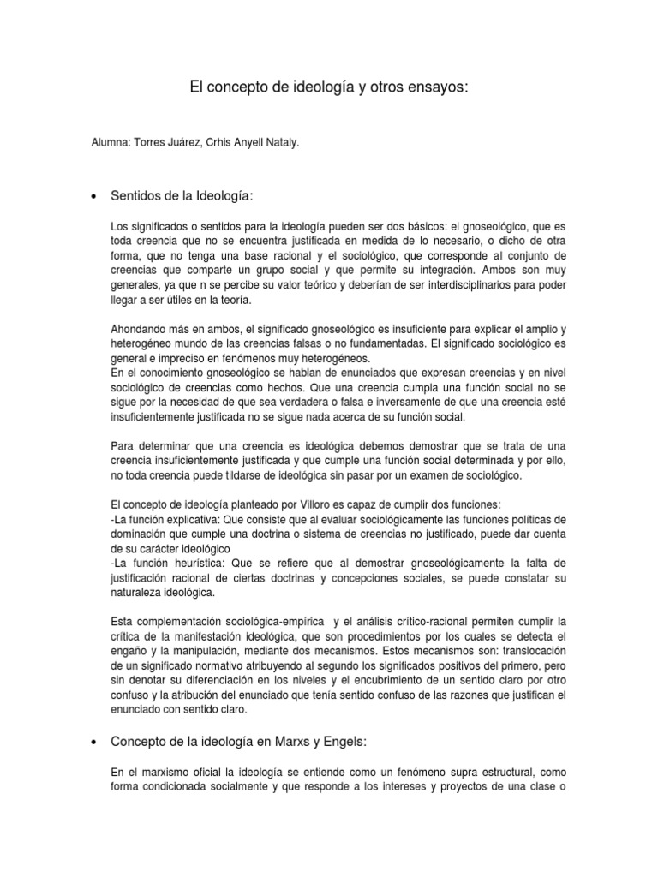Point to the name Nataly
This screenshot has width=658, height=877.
point(280,146)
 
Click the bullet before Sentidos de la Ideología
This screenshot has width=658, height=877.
point(92,198)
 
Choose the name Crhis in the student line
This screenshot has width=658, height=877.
point(226,146)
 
